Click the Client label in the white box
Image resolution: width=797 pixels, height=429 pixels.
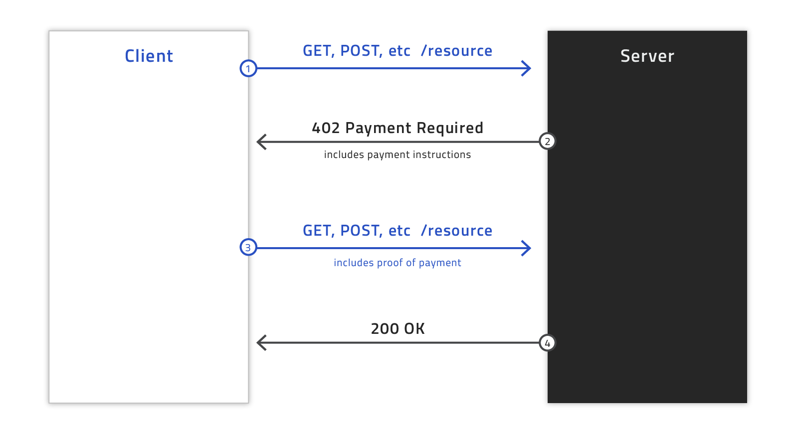149,56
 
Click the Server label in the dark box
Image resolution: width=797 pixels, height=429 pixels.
647,56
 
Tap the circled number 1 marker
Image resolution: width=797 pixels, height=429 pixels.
248,68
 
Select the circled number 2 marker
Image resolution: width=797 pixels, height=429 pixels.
547,142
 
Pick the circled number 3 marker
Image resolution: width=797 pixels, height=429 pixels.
248,247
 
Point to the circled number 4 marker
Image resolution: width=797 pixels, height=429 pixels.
547,343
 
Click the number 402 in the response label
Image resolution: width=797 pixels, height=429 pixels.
326,128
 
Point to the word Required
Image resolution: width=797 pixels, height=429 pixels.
450,129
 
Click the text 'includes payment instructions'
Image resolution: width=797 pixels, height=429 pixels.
398,155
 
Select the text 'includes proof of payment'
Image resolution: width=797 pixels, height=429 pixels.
398,263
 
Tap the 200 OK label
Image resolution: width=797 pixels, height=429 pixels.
398,329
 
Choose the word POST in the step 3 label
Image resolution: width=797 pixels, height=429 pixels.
361,231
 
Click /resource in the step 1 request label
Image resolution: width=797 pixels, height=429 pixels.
456,51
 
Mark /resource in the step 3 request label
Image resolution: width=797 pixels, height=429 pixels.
456,231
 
